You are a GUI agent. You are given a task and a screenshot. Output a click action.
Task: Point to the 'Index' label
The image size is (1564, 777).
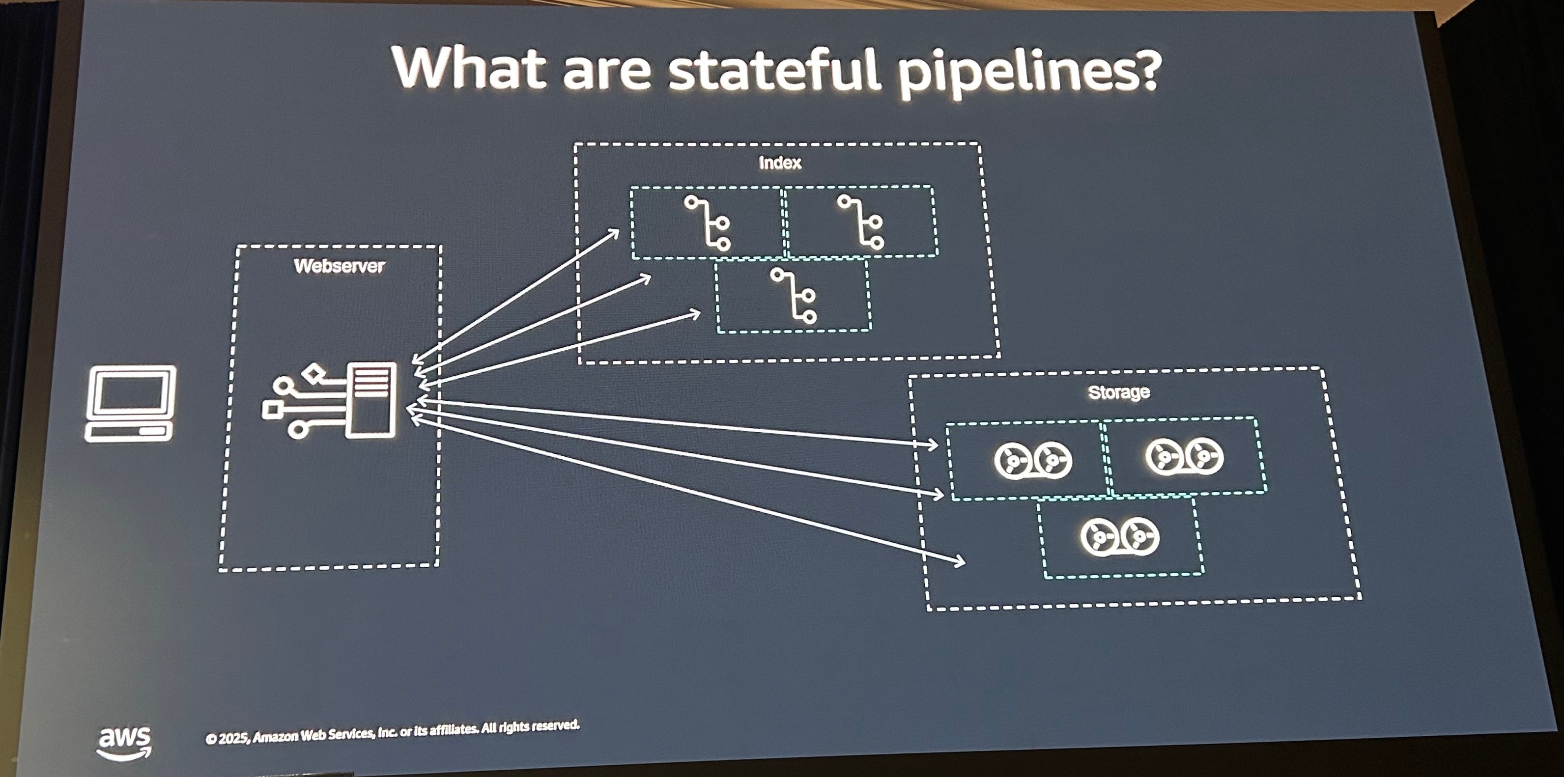click(x=780, y=163)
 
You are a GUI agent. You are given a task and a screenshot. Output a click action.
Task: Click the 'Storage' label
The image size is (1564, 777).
click(x=1119, y=392)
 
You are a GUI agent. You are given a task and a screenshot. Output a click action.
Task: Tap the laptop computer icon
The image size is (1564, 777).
click(x=131, y=403)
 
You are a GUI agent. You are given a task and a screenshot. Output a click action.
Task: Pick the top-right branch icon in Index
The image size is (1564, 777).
click(x=861, y=222)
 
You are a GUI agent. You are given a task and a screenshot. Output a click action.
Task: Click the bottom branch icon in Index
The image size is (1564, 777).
click(x=794, y=296)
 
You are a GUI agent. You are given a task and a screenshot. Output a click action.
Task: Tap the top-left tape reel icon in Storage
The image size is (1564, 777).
click(x=1033, y=460)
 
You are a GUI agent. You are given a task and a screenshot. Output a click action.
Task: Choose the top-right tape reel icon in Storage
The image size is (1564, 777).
click(x=1184, y=456)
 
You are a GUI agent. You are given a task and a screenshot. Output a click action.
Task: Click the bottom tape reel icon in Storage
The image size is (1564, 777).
click(x=1120, y=537)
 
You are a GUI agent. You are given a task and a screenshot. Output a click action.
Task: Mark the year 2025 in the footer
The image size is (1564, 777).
click(x=232, y=738)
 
